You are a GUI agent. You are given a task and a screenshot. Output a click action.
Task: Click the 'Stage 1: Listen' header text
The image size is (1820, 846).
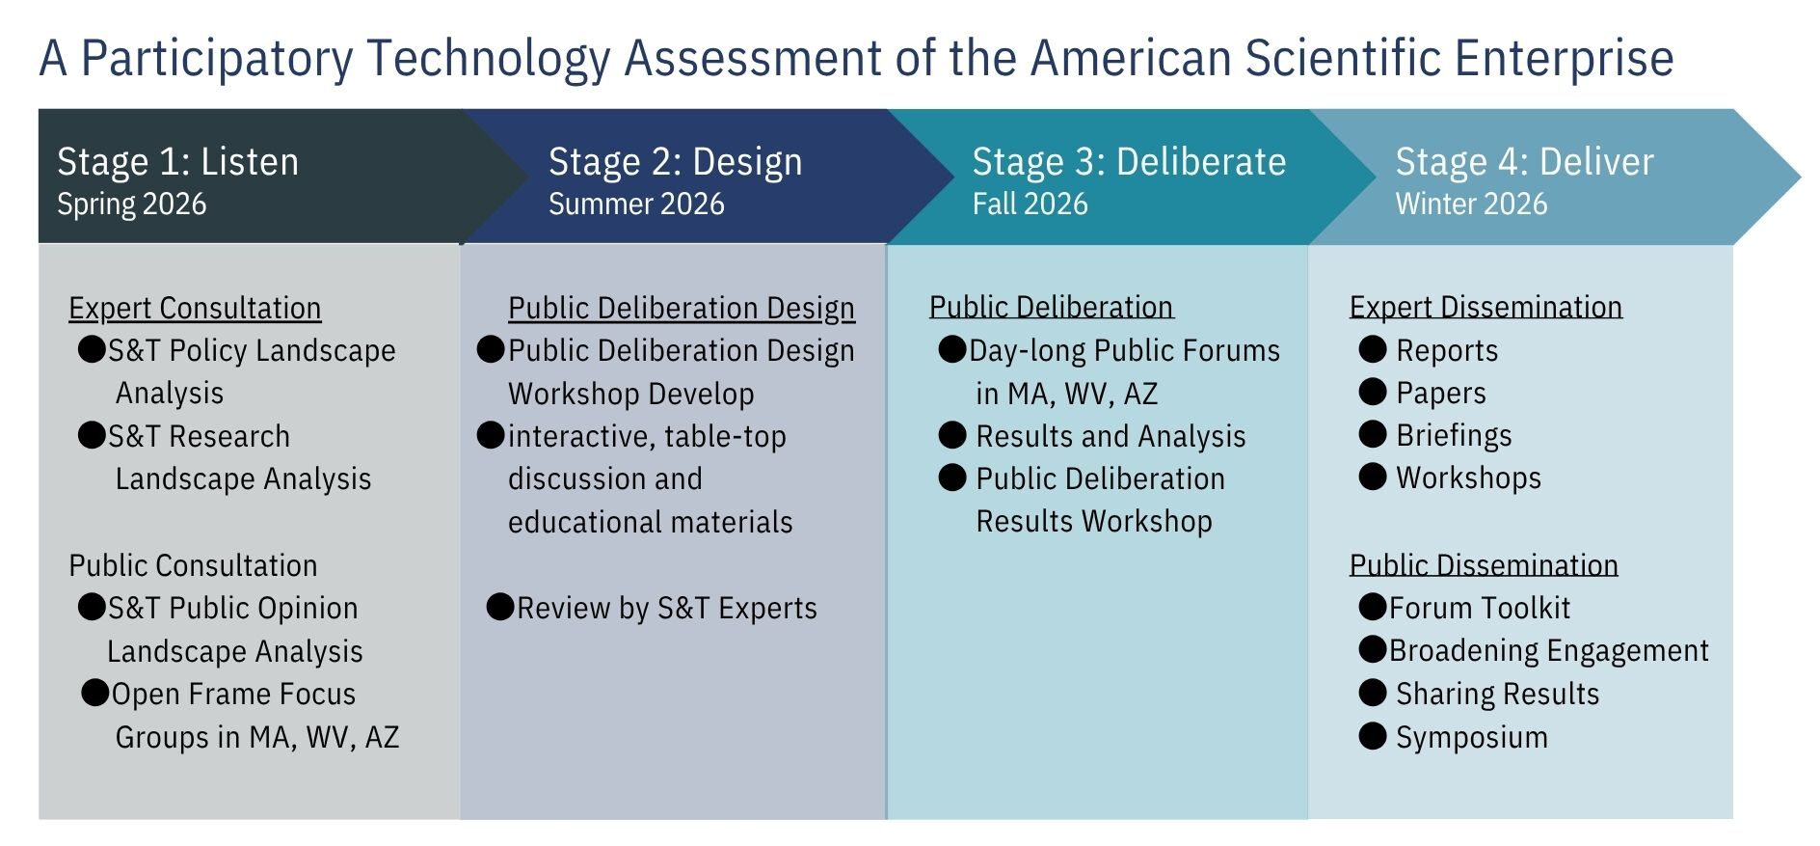(x=177, y=161)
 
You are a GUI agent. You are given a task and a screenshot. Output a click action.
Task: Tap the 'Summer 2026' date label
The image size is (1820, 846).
(x=636, y=204)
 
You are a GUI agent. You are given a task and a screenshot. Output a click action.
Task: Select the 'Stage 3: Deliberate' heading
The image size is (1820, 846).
(x=1129, y=161)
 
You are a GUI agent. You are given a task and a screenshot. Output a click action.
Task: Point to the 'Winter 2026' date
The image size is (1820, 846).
(x=1471, y=204)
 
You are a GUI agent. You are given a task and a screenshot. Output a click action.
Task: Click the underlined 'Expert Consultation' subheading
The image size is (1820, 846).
(x=195, y=308)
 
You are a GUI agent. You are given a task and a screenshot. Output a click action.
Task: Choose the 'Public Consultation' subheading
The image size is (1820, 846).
(x=193, y=565)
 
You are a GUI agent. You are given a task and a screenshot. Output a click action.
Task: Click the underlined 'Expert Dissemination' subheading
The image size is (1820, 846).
(x=1485, y=307)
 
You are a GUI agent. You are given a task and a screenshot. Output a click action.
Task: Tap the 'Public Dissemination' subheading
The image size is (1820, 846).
(x=1484, y=564)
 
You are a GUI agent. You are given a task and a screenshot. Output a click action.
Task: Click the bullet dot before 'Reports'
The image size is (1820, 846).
(x=1372, y=349)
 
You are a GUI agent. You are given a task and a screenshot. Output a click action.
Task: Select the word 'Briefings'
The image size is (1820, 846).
(x=1454, y=435)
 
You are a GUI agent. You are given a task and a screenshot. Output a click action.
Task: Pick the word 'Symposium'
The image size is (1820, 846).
(x=1472, y=737)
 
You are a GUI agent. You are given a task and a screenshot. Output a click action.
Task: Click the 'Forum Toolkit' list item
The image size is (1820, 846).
(x=1479, y=608)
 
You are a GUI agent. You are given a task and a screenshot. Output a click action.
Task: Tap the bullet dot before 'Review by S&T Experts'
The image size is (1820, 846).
(x=500, y=607)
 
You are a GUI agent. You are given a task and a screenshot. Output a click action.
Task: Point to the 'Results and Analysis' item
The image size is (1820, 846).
(x=1111, y=436)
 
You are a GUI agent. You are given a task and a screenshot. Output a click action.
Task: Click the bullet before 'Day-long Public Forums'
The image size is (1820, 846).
(x=952, y=349)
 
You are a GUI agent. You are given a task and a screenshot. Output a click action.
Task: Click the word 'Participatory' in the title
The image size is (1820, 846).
(x=218, y=57)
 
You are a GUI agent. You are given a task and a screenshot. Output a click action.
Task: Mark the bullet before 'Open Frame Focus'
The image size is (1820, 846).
(x=94, y=693)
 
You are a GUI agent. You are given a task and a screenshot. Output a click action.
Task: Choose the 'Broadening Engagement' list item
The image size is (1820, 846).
(x=1548, y=650)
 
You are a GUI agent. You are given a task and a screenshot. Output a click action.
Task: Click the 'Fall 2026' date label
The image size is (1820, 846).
(x=1030, y=204)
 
